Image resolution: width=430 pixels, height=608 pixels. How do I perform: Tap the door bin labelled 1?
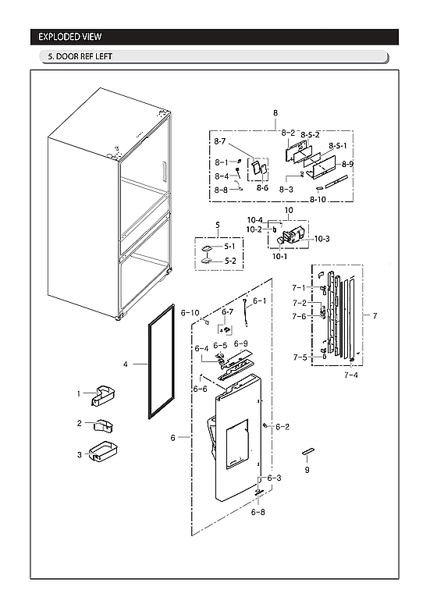click(101, 396)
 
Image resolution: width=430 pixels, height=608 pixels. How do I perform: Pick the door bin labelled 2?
click(101, 426)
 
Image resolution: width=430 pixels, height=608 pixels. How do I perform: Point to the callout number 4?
click(126, 364)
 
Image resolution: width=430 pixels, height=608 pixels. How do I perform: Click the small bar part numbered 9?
click(307, 453)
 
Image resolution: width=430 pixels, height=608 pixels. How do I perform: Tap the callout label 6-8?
click(258, 512)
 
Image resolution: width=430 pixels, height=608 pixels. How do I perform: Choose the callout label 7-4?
click(350, 375)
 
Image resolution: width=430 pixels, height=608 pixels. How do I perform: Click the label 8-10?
click(318, 200)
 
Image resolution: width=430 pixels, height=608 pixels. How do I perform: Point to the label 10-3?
click(322, 239)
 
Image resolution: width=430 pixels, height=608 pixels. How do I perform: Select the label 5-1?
click(230, 247)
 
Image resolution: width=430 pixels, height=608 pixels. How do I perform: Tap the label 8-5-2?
click(311, 135)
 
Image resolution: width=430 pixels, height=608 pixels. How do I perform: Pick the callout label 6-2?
click(281, 426)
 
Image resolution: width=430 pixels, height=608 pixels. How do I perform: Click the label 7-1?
click(299, 288)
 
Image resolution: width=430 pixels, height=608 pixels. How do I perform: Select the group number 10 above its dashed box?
click(288, 211)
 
